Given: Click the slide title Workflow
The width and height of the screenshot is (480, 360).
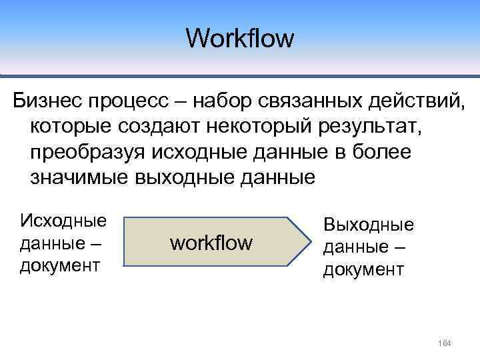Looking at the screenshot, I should [240, 38].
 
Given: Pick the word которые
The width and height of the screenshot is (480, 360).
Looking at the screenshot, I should [71, 126].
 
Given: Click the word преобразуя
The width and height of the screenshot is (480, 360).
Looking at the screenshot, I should [86, 152].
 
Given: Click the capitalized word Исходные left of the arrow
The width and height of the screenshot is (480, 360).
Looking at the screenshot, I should [63, 220].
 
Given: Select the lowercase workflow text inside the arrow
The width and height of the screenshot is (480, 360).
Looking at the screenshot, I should [211, 243].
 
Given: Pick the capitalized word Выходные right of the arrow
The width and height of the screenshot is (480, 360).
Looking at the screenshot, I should [368, 225].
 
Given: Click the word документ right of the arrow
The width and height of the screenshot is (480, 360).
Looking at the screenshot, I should [363, 269].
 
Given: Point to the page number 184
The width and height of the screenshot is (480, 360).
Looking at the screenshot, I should [445, 343].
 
